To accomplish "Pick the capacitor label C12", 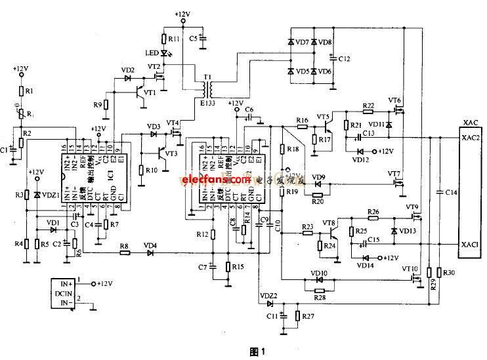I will click(344, 59).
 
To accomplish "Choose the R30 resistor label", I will click(450, 271).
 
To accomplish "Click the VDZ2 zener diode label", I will click(268, 296).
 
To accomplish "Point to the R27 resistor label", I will click(310, 317).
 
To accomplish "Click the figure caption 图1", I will click(258, 351).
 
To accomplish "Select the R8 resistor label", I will click(123, 247).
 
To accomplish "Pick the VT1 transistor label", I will click(150, 92).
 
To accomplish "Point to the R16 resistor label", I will click(301, 120).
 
